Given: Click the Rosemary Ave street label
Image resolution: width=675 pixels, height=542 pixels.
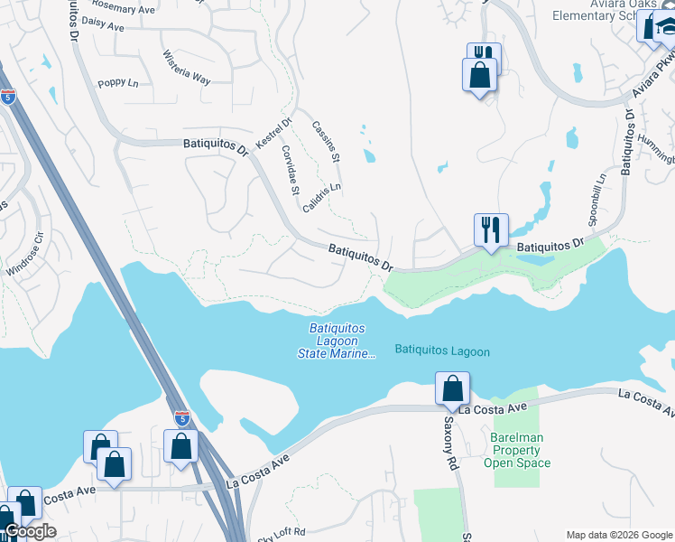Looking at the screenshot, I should point(124,8).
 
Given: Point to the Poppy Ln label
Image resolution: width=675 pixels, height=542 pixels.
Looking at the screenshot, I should point(118,82).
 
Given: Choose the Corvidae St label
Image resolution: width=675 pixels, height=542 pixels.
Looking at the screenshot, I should point(290,170).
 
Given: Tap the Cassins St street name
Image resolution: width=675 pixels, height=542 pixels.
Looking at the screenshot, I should point(325,142).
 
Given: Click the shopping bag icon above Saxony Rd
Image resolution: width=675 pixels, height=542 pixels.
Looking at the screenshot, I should point(452,388).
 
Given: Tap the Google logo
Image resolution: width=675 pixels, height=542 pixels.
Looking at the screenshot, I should point(30,531).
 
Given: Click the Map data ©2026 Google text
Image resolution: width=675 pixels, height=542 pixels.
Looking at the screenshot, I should point(618,535).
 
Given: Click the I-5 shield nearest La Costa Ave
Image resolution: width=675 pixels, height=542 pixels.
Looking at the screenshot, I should point(182,418).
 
